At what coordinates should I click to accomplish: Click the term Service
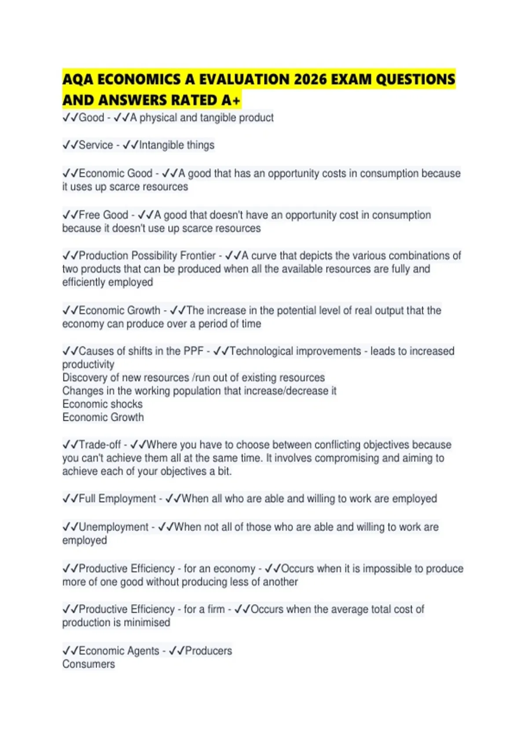(x=95, y=145)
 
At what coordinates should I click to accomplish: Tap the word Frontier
(x=198, y=256)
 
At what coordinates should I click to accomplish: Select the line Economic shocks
(x=103, y=404)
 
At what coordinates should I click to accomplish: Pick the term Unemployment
(x=114, y=527)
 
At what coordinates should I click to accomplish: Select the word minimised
(x=147, y=623)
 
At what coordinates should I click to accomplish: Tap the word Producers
(x=209, y=651)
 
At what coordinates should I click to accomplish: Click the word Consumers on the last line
(x=88, y=664)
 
